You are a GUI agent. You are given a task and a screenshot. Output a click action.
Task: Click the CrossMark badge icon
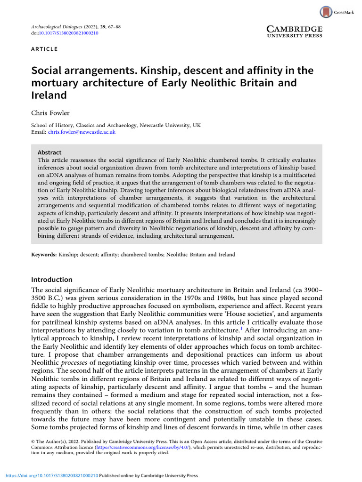click(x=325, y=12)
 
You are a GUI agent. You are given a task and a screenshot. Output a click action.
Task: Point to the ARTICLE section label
click(x=44, y=49)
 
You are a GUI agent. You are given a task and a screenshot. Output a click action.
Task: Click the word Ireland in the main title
click(x=49, y=95)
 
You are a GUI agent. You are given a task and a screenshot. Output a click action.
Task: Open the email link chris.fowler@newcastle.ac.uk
click(x=82, y=132)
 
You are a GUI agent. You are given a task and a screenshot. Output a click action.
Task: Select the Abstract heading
click(x=49, y=153)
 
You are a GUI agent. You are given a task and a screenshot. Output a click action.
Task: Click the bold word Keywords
click(x=43, y=255)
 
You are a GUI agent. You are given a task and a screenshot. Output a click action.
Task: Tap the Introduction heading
click(x=51, y=280)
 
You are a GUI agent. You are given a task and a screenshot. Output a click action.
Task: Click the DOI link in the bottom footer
click(x=49, y=476)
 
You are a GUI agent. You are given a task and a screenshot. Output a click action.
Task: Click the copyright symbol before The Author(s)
click(x=33, y=442)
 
